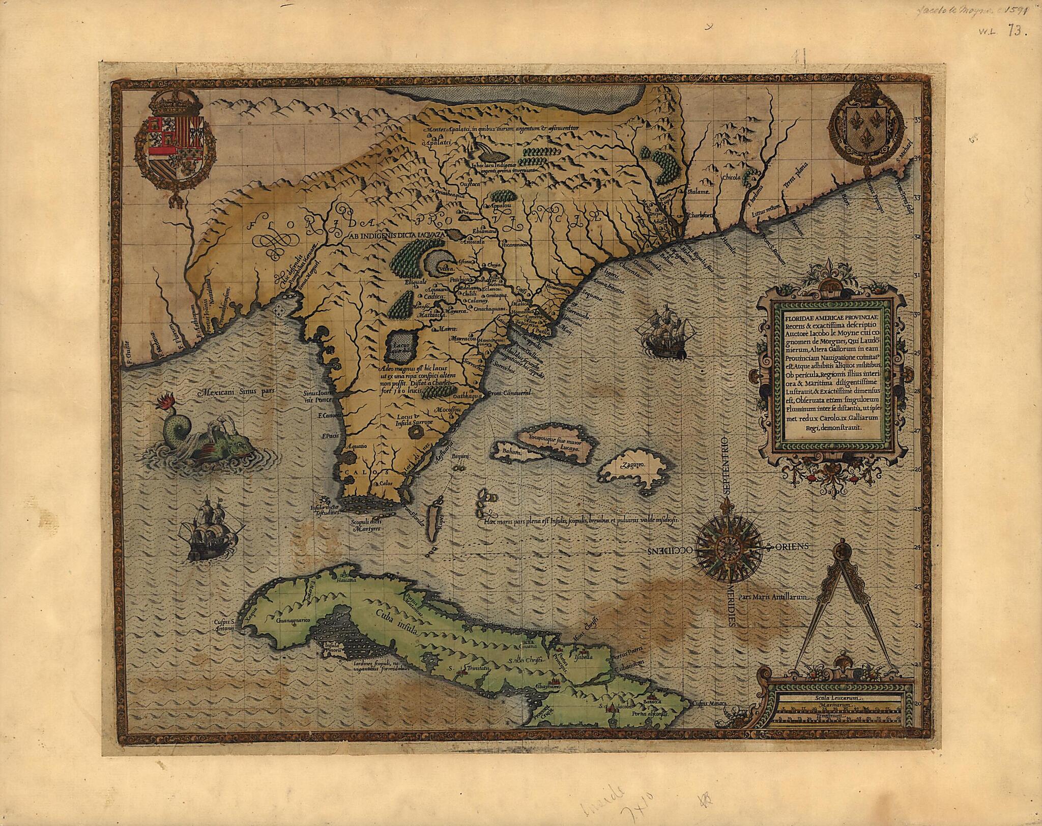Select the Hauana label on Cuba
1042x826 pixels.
pos(345,579)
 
